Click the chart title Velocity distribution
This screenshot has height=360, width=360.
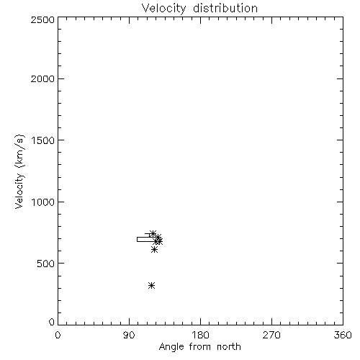(x=199, y=9)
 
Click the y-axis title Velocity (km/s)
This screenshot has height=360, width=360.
(x=19, y=171)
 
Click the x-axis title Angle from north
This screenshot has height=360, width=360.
(x=199, y=347)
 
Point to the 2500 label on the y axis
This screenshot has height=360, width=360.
(x=42, y=19)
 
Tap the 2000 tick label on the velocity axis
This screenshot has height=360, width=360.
(x=42, y=79)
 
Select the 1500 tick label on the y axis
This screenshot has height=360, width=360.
(x=43, y=140)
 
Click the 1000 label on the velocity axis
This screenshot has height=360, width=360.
(x=43, y=202)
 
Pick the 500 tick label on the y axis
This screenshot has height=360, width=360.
(x=46, y=264)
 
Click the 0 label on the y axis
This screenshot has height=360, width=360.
(x=52, y=322)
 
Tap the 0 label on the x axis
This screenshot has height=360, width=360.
(x=58, y=335)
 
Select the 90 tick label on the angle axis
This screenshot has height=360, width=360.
(x=129, y=335)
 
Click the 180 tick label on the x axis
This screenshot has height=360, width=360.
(x=200, y=335)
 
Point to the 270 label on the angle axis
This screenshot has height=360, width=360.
(x=271, y=335)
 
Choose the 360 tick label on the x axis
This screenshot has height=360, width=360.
(x=343, y=335)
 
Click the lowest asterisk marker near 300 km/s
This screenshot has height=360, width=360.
(x=151, y=285)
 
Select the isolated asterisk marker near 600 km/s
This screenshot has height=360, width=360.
(x=154, y=250)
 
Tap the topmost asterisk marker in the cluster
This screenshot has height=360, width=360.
(x=153, y=233)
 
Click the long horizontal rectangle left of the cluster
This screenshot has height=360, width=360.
(x=137, y=239)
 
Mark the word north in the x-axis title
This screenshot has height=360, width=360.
(x=229, y=347)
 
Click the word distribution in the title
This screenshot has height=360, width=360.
(x=225, y=9)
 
